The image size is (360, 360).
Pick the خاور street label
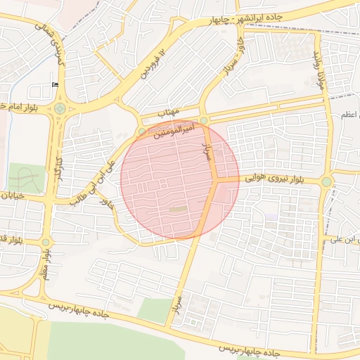click(x=107, y=205)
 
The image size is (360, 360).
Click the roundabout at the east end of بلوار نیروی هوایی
click(x=326, y=182)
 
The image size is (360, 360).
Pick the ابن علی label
click(x=345, y=240)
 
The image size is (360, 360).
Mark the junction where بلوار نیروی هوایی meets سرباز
click(x=216, y=180)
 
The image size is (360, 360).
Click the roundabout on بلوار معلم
click(x=46, y=243)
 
